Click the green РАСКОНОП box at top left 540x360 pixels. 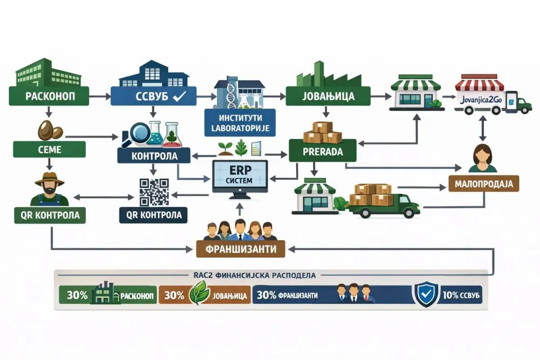pyautogui.click(x=49, y=96)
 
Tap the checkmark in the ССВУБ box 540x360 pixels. pyautogui.click(x=180, y=96)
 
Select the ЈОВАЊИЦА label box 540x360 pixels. pyautogui.click(x=328, y=96)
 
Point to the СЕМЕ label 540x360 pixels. pyautogui.click(x=50, y=150)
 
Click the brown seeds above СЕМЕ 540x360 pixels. pyautogui.click(x=50, y=130)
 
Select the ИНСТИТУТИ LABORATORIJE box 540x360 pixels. pyautogui.click(x=240, y=123)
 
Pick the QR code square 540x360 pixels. pyautogui.click(x=154, y=192)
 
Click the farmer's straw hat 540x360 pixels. pyautogui.click(x=50, y=179)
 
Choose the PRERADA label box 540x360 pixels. pyautogui.click(x=323, y=152)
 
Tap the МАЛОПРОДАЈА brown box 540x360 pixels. pyautogui.click(x=483, y=184)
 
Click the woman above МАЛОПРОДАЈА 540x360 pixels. pyautogui.click(x=482, y=159)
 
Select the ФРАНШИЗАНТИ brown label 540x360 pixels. pyautogui.click(x=241, y=249)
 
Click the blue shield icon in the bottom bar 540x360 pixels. pyautogui.click(x=427, y=294)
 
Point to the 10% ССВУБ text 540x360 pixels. pyautogui.click(x=461, y=295)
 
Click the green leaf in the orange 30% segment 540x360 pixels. pyautogui.click(x=201, y=293)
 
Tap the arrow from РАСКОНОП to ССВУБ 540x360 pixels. pyautogui.click(x=99, y=97)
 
